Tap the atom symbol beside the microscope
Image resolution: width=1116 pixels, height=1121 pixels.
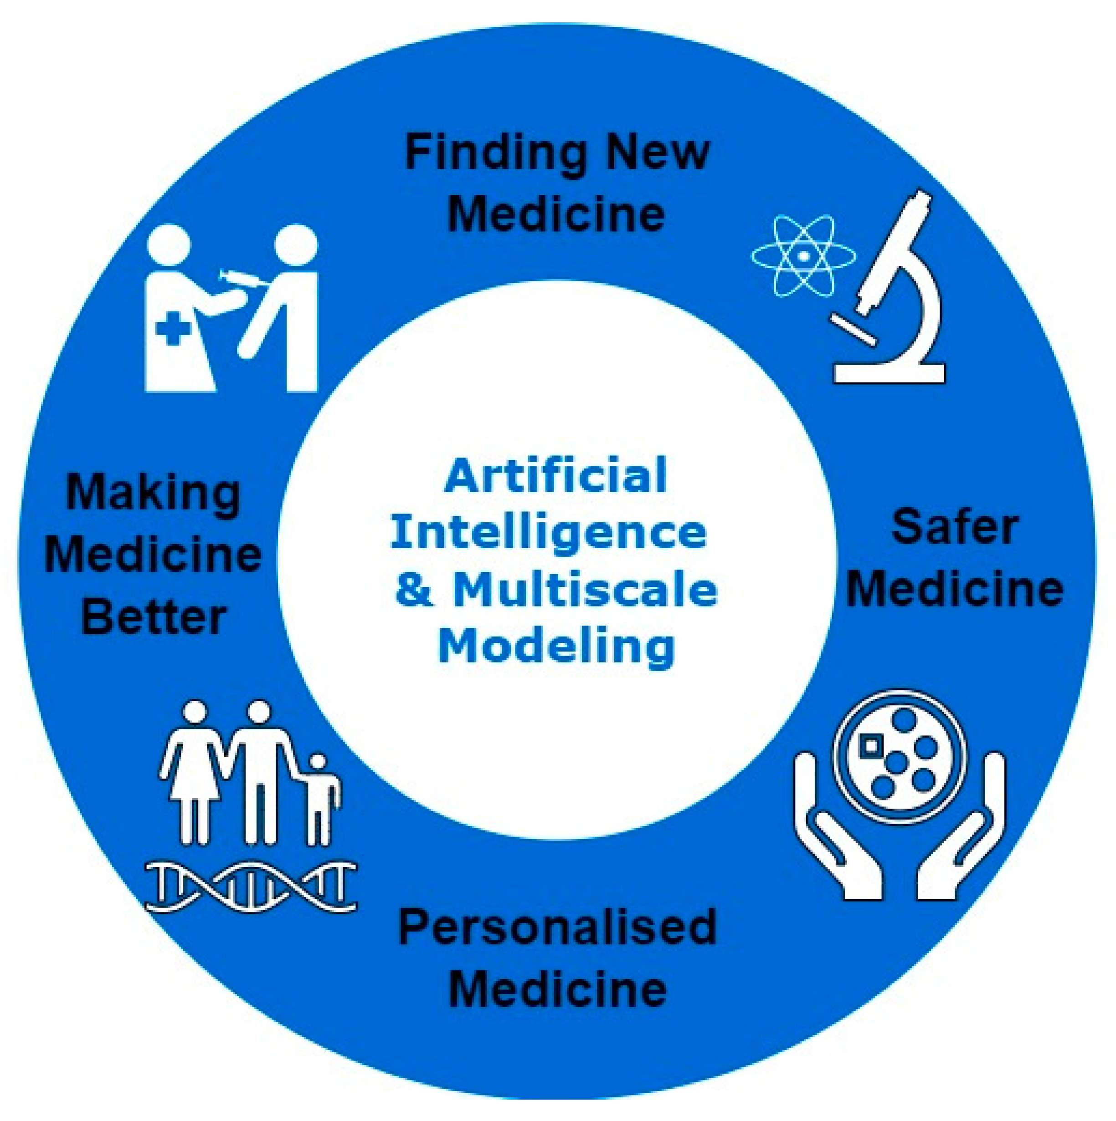[x=803, y=255]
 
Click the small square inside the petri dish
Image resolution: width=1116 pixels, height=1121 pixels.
[x=870, y=744]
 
